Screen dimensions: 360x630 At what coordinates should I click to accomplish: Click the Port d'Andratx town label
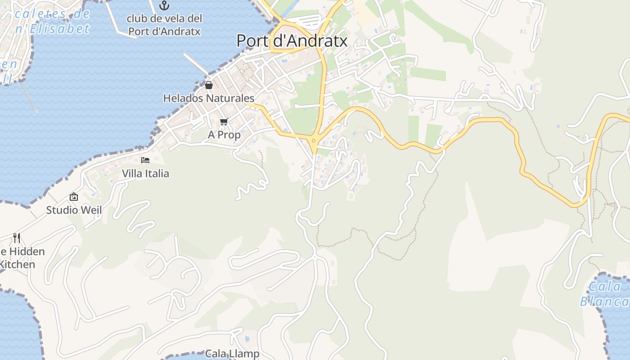(292, 40)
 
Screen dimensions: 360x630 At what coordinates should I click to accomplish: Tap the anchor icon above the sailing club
(164, 6)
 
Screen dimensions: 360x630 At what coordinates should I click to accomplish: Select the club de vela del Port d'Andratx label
(164, 25)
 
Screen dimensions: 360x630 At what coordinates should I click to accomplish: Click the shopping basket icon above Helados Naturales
(209, 85)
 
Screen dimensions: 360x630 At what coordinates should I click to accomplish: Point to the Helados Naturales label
(208, 98)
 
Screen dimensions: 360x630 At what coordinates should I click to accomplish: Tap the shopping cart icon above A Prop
(224, 121)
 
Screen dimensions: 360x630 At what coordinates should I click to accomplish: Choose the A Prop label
(224, 135)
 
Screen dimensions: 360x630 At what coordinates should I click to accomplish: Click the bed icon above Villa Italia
(145, 160)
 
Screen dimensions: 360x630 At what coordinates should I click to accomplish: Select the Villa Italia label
(145, 173)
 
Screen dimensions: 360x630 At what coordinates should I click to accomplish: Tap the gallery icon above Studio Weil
(74, 197)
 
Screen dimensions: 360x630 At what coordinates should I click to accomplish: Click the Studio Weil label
(74, 210)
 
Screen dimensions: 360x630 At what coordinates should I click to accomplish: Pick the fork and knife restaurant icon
(17, 238)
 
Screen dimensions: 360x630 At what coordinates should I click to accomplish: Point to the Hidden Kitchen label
(20, 258)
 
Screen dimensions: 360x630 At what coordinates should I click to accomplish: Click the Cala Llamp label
(232, 354)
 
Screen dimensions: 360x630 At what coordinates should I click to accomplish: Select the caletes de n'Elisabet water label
(52, 21)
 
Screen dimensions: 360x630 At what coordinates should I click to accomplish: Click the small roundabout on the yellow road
(313, 140)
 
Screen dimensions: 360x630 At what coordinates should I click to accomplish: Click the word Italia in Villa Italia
(156, 173)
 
